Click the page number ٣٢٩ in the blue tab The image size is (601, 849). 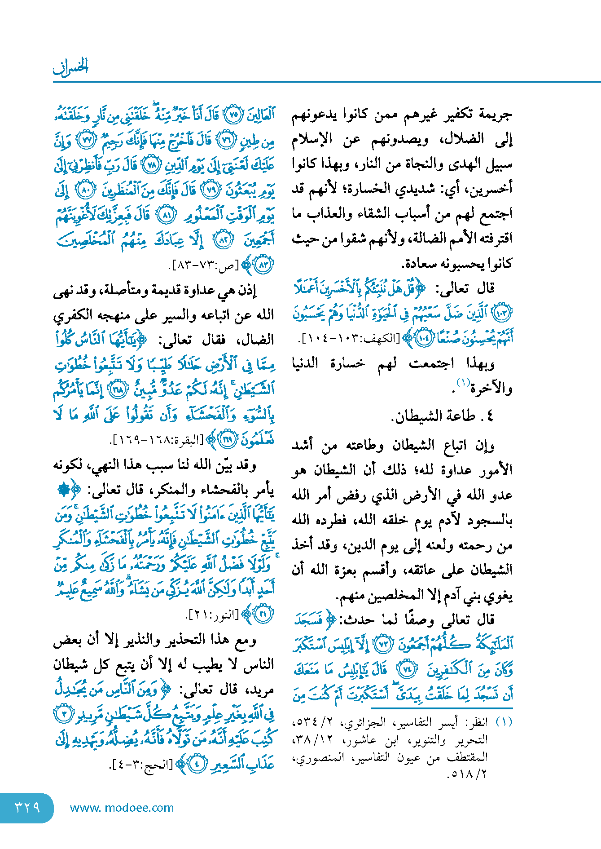pyautogui.click(x=27, y=807)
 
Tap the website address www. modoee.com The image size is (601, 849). pyautogui.click(x=122, y=808)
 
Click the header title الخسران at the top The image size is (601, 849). pyautogui.click(x=71, y=66)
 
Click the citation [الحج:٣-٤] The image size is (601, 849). pyautogui.click(x=141, y=764)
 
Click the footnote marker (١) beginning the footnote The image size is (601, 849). pyautogui.click(x=504, y=722)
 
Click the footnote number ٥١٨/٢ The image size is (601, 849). pyautogui.click(x=467, y=774)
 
